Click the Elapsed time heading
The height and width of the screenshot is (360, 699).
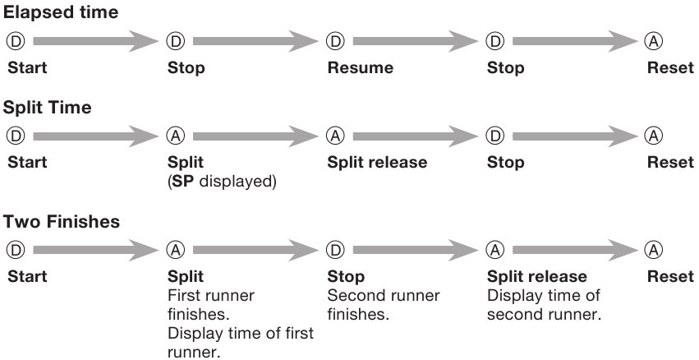point(61,12)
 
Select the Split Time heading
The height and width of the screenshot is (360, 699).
point(48,108)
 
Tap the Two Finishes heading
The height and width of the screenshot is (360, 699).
point(62,221)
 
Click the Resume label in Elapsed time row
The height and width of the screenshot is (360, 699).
point(361,67)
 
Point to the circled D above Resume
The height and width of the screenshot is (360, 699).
point(335,41)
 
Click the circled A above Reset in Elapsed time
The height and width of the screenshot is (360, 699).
point(654,41)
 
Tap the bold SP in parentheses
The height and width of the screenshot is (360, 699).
point(183,182)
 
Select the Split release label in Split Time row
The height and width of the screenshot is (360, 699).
point(377,162)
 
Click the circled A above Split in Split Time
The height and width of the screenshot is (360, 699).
point(176,136)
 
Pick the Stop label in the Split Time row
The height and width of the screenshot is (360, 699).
point(505,162)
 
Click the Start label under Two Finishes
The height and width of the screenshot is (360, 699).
point(27,276)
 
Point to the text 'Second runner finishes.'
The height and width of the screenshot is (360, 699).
point(384,305)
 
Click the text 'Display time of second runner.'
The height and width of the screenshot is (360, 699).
point(544,305)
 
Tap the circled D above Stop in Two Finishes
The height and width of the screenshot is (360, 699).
point(335,250)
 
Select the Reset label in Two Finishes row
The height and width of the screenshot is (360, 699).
point(670,276)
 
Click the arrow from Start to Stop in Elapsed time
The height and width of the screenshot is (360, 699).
point(96,41)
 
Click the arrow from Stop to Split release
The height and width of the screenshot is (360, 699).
point(416,250)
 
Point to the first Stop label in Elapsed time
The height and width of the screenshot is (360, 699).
point(186,67)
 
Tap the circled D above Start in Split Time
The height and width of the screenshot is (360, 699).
point(16,136)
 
